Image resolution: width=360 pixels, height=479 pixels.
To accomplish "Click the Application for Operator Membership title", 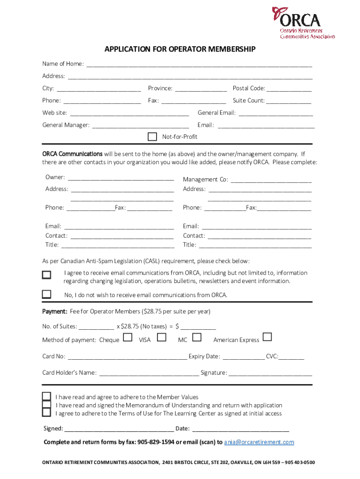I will click(x=180, y=49).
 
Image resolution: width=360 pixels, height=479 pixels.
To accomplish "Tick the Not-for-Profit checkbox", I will click(x=152, y=137).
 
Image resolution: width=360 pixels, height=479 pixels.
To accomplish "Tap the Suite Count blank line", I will click(x=288, y=101).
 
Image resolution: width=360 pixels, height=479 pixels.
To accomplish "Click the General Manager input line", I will click(x=141, y=125).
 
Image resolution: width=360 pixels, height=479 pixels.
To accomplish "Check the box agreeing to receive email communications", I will click(x=47, y=275).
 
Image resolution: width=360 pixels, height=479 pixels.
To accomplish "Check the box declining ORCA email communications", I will click(x=47, y=294).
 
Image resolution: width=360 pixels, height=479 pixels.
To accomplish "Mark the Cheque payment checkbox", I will click(x=127, y=338).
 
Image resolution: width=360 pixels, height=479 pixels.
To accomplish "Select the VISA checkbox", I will click(x=162, y=337).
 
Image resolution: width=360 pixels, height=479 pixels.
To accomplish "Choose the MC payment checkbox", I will click(x=197, y=337).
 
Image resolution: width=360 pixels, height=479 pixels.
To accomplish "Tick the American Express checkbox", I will click(x=267, y=337).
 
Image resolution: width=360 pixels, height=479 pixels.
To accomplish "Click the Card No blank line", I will click(x=127, y=357).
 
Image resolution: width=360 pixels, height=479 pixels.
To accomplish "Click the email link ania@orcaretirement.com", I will click(x=259, y=442).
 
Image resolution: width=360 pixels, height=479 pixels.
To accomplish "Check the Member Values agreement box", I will click(x=47, y=396).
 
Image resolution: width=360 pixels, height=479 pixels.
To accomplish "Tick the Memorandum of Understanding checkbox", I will click(x=47, y=405).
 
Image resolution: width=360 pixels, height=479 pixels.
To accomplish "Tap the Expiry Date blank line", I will click(x=243, y=357).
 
